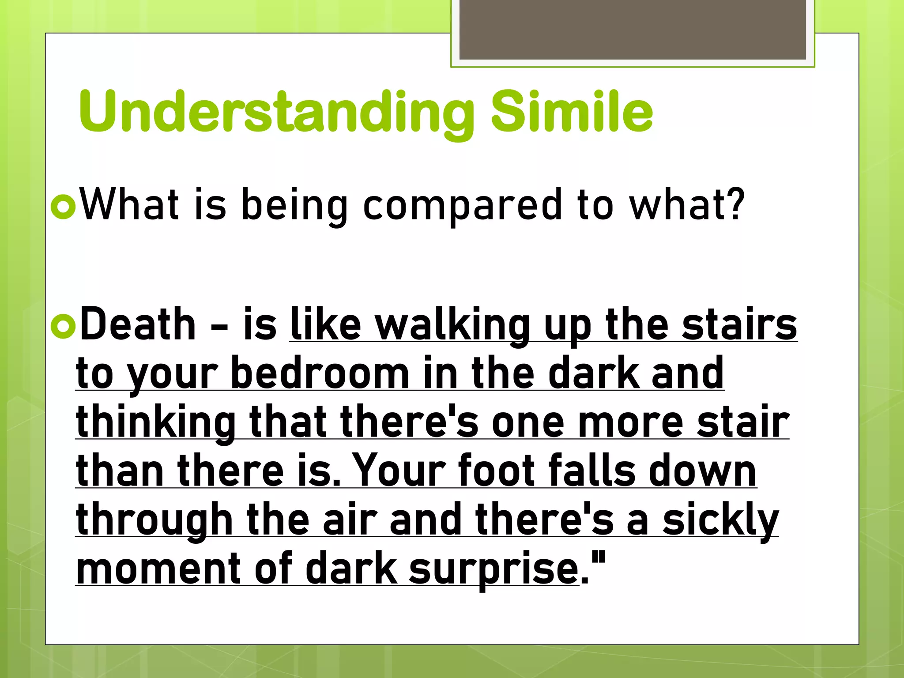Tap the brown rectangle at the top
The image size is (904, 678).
click(x=633, y=30)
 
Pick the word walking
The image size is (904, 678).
click(x=452, y=326)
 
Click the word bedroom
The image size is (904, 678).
click(x=320, y=374)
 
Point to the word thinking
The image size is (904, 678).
click(x=156, y=423)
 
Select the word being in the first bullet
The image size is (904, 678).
click(x=295, y=205)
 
